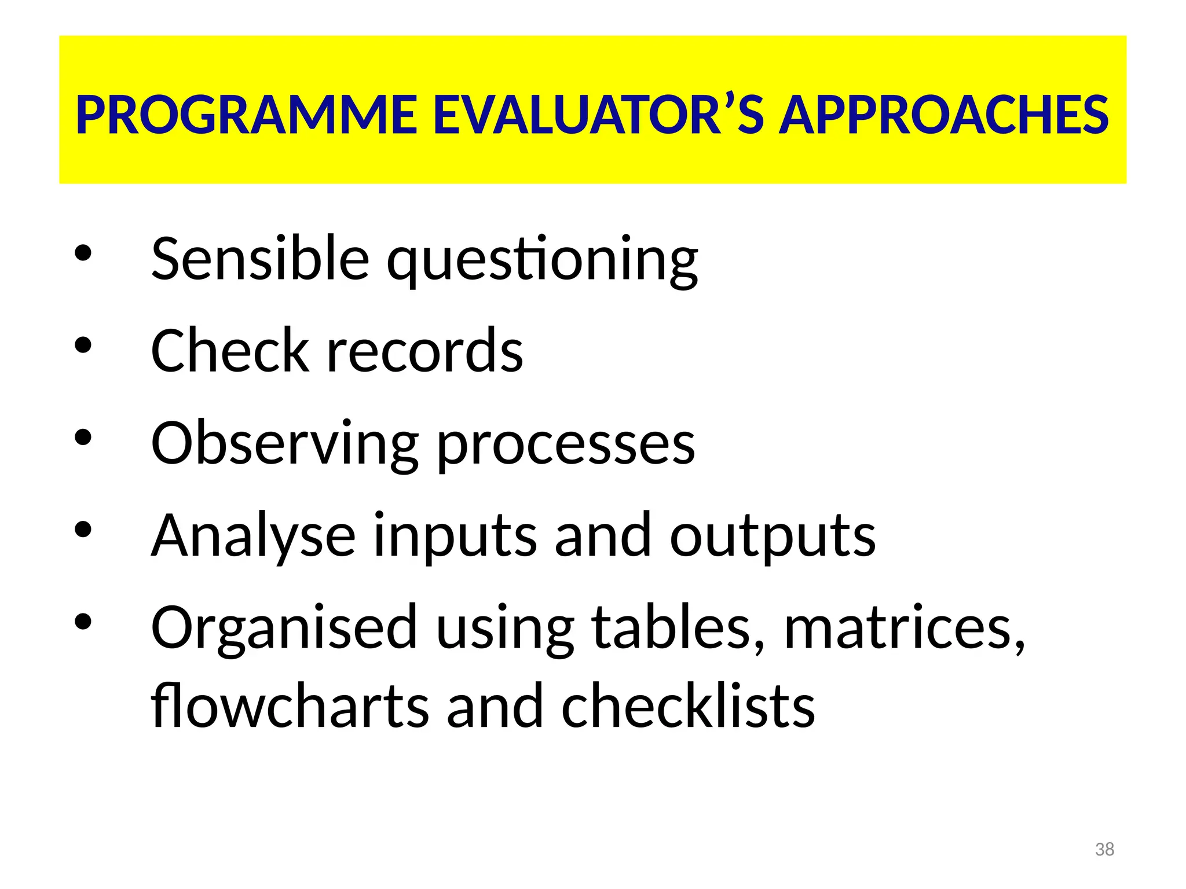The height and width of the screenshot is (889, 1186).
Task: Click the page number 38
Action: click(1104, 849)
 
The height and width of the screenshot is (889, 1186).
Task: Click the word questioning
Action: click(542, 260)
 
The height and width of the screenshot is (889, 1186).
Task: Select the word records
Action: click(425, 351)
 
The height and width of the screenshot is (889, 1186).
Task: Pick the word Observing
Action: click(284, 443)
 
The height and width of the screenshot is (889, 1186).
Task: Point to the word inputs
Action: click(455, 537)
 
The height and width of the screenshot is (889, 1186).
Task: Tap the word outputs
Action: click(773, 537)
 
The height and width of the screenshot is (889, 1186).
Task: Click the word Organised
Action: click(284, 629)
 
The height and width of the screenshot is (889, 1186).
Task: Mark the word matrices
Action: click(904, 629)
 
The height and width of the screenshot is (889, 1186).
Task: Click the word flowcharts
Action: click(290, 706)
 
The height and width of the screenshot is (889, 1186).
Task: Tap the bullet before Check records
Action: click(83, 345)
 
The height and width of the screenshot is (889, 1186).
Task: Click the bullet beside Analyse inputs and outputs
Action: click(83, 530)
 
